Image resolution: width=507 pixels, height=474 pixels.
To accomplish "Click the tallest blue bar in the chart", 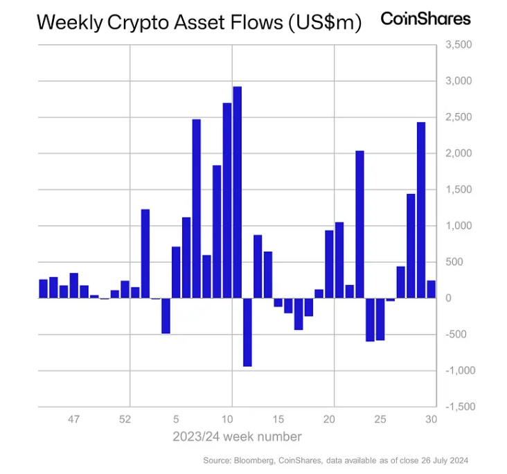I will pyautogui.click(x=237, y=192).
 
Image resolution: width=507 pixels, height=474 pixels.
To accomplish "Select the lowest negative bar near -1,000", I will pyautogui.click(x=247, y=332).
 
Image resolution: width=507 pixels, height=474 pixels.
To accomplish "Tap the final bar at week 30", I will pyautogui.click(x=431, y=289).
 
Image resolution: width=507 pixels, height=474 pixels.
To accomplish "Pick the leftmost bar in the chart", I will pyautogui.click(x=43, y=288).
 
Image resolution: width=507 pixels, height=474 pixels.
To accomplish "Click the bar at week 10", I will pyautogui.click(x=226, y=200).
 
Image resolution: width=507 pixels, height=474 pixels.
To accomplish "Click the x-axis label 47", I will pyautogui.click(x=74, y=419).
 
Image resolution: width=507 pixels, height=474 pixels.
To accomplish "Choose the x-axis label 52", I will pyautogui.click(x=125, y=419).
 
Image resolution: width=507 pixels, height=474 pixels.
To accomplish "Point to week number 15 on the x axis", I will pyautogui.click(x=278, y=419).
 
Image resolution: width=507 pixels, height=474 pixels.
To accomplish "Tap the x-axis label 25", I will pyautogui.click(x=380, y=419).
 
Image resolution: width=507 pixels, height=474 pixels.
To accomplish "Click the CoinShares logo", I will pyautogui.click(x=425, y=19).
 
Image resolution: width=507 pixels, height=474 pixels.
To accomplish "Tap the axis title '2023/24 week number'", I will pyautogui.click(x=237, y=437).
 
